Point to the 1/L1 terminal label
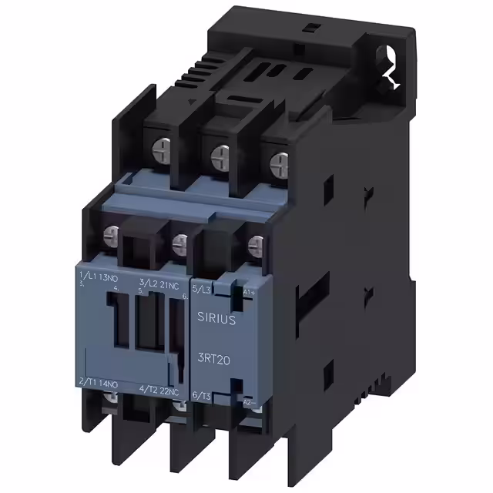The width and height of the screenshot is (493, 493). pyautogui.click(x=89, y=276)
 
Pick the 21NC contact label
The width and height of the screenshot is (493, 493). pyautogui.click(x=171, y=284)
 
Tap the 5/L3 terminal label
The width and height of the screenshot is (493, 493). pyautogui.click(x=201, y=289)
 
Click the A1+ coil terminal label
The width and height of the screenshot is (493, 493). pyautogui.click(x=250, y=292)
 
